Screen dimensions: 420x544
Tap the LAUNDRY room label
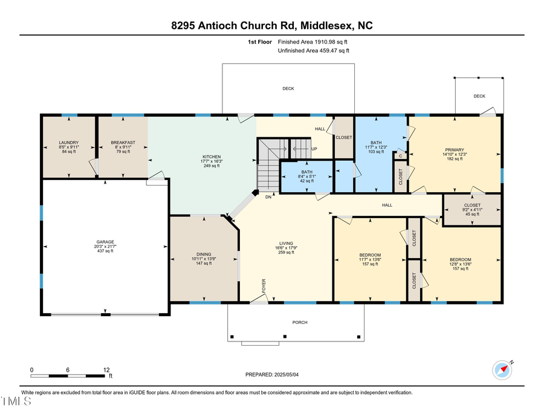tap(68, 143)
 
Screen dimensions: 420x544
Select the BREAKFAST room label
tap(123, 143)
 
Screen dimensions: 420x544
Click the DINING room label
tap(204, 254)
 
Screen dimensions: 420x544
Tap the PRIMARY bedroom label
tap(455, 149)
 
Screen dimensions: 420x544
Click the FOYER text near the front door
tap(264, 286)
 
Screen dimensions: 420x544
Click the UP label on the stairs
tap(314, 149)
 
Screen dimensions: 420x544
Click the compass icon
tap(502, 368)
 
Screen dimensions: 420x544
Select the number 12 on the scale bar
tap(106, 369)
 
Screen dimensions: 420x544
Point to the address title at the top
tap(271, 25)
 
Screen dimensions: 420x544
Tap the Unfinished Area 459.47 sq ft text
tap(312, 51)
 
